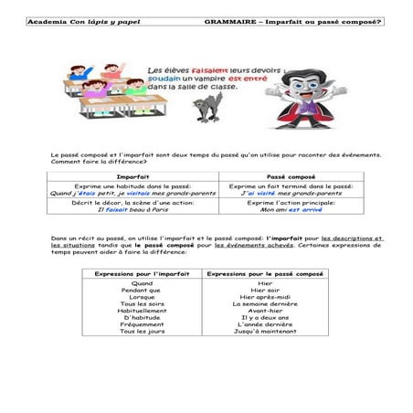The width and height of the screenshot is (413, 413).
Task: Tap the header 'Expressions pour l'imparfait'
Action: click(142, 273)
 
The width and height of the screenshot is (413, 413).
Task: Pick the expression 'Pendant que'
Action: click(142, 291)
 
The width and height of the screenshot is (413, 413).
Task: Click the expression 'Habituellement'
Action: click(142, 310)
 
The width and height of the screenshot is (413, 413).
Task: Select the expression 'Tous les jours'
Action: click(142, 330)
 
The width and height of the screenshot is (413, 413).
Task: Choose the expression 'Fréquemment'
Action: click(142, 323)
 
